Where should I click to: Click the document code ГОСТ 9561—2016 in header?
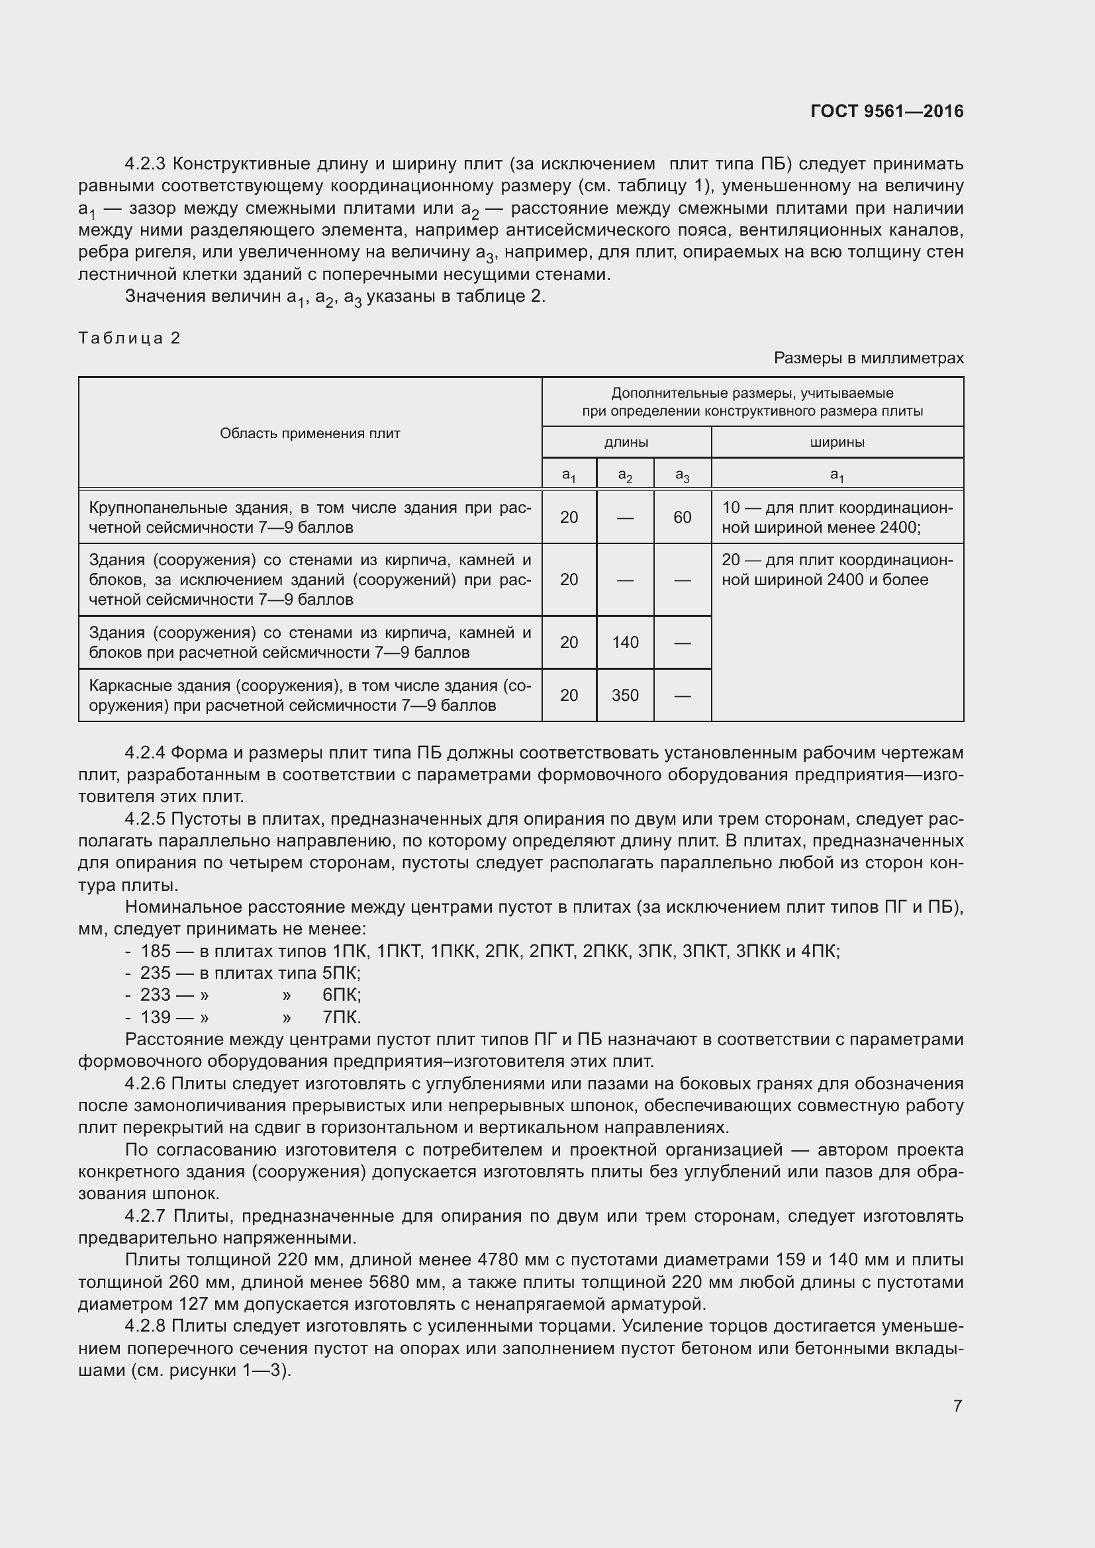pos(886,111)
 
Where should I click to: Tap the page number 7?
pos(957,1406)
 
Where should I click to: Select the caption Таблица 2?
pos(130,338)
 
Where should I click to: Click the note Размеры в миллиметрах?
pos(869,358)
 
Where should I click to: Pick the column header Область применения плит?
pos(310,433)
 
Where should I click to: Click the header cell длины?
pos(626,443)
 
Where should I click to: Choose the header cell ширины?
pos(837,443)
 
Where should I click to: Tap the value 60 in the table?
pos(682,517)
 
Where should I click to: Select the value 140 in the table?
pos(625,643)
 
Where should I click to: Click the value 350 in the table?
pos(625,695)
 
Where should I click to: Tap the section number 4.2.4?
pos(145,752)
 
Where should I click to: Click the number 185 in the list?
pos(155,951)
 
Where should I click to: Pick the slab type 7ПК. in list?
pos(342,1017)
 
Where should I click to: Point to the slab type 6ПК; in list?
pos(342,995)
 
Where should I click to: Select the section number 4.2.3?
pos(145,164)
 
